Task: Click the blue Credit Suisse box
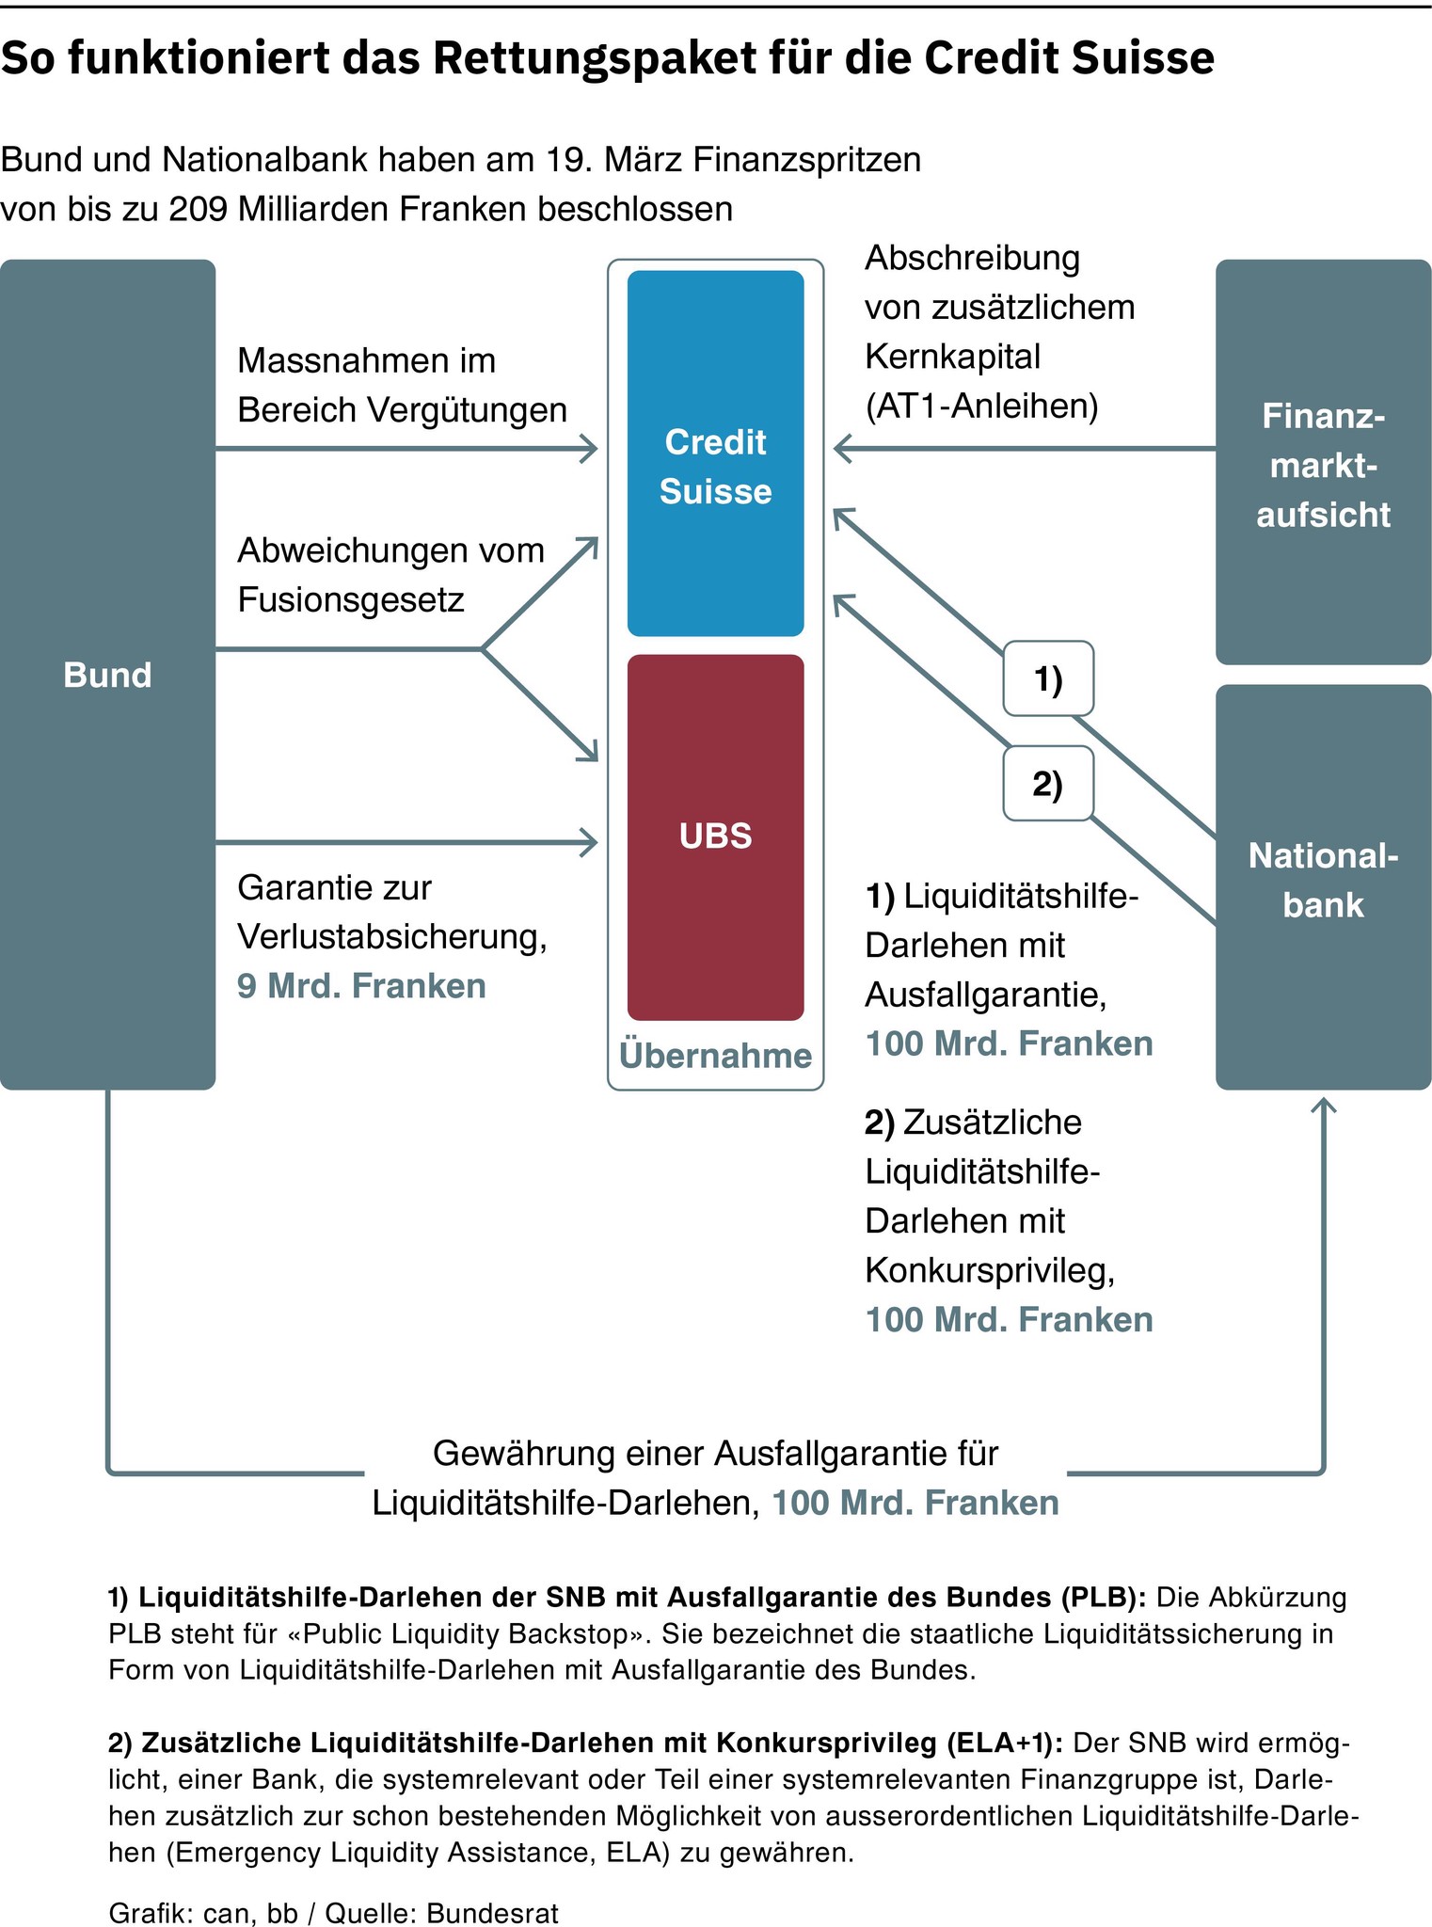(x=715, y=453)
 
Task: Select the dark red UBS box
(x=715, y=836)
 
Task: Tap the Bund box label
(x=107, y=675)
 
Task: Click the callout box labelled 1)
(x=1047, y=678)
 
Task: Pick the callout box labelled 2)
(x=1047, y=784)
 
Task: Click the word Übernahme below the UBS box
(x=715, y=1056)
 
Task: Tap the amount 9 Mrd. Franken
(x=361, y=986)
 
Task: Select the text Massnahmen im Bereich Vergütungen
(x=402, y=386)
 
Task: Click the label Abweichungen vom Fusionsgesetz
(x=390, y=575)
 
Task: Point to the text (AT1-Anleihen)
(x=980, y=406)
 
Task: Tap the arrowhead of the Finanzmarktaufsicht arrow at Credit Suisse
(x=839, y=450)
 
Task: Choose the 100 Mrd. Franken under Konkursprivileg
(x=1009, y=1319)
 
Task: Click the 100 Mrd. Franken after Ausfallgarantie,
(x=1009, y=1043)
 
